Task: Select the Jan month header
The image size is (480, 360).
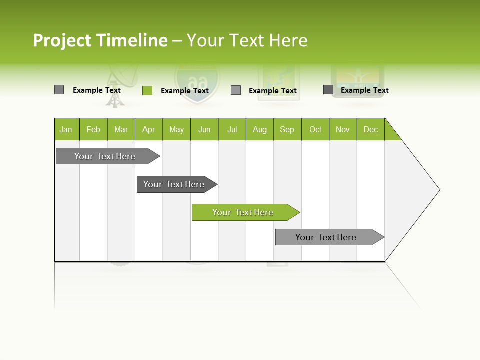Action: coord(66,129)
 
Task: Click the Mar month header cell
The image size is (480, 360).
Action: coord(121,129)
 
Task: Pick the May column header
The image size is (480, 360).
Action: coord(176,129)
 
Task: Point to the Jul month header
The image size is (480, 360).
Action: coord(232,129)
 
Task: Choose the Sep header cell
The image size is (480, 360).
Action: coord(287,129)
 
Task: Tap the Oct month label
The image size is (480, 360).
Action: coord(315,129)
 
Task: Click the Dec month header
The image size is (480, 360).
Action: coord(370,129)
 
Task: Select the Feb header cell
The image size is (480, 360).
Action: coord(93,129)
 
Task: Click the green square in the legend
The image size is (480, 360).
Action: coord(147,90)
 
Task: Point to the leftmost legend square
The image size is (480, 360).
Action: coord(59,90)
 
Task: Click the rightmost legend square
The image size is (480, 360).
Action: coord(328,90)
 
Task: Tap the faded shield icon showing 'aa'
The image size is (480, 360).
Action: coord(197,84)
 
